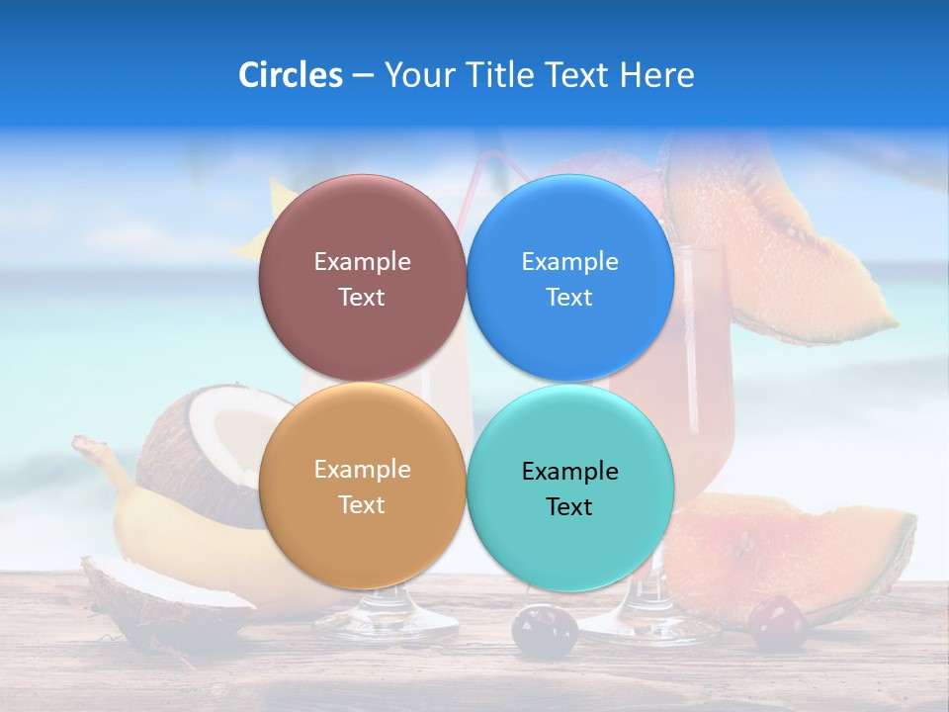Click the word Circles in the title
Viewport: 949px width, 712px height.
point(290,75)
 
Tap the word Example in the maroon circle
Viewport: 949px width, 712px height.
point(362,262)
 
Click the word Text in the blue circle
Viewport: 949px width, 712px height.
point(569,298)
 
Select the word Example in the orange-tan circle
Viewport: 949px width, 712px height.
point(362,470)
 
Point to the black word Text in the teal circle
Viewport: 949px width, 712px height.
point(569,507)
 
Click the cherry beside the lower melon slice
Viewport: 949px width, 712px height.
point(778,622)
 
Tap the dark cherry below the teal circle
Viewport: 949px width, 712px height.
point(544,630)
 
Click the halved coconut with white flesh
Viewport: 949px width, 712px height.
point(213,450)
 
